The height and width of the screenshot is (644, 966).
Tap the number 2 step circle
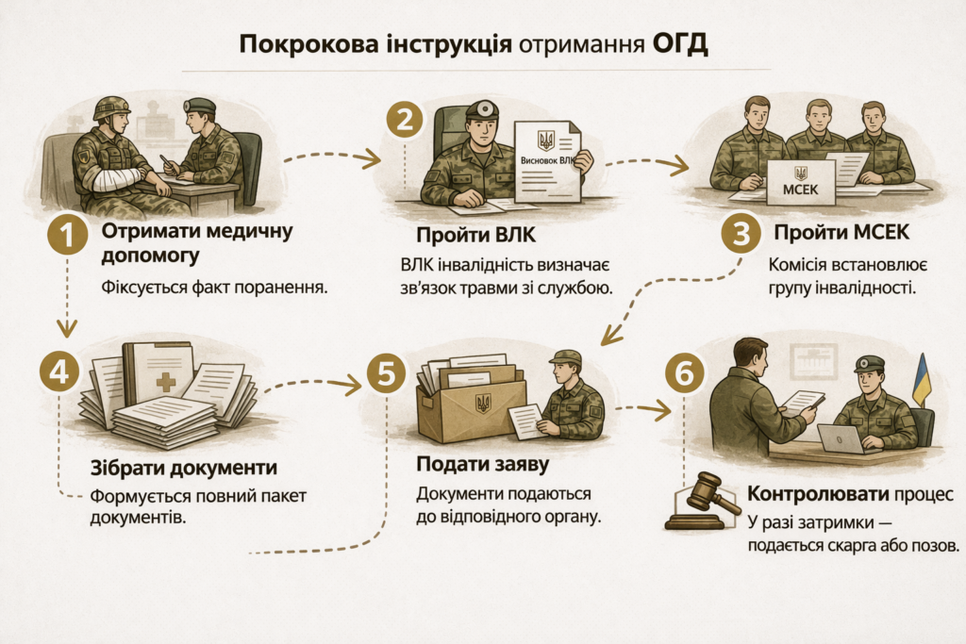point(405,122)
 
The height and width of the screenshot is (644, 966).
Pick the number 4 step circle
point(58,372)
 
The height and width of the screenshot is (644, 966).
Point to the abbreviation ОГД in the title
point(677,44)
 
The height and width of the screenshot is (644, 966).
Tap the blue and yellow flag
point(921,381)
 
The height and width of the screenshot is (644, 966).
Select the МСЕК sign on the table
point(800,183)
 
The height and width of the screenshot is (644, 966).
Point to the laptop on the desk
point(841,438)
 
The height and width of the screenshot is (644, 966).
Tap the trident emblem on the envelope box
point(483,403)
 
